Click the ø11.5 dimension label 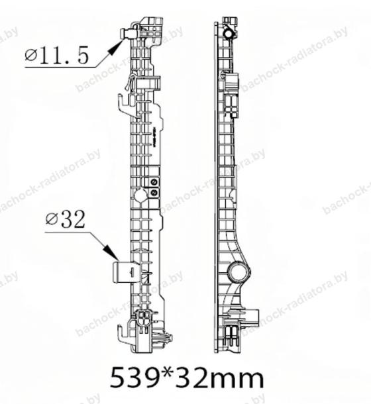56,56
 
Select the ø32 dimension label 65,220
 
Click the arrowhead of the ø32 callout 111,252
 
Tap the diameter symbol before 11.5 31,55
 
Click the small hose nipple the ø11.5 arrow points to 126,34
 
